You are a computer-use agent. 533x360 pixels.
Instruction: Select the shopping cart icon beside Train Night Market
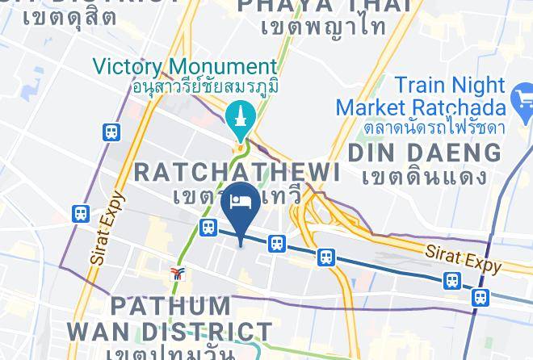tap(523, 103)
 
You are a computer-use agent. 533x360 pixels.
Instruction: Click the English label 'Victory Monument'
tap(184, 66)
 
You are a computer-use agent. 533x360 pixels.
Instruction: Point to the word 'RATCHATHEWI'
tap(236, 171)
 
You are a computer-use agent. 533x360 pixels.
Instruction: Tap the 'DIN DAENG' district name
tap(423, 151)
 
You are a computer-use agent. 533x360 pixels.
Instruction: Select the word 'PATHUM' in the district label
tap(170, 307)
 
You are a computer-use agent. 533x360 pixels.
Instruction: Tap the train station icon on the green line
tap(208, 228)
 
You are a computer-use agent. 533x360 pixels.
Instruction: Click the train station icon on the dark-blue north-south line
tap(480, 297)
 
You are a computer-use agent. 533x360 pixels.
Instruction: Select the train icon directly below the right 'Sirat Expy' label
tap(451, 281)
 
